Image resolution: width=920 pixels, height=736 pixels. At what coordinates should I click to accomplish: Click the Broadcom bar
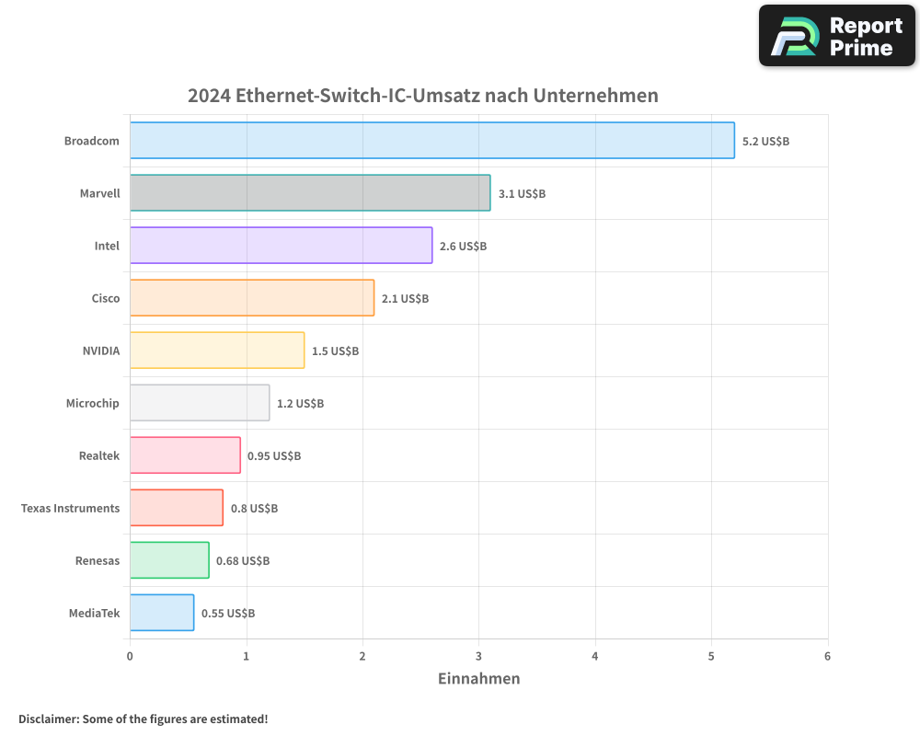coord(431,141)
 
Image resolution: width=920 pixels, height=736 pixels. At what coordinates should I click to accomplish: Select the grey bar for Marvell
coord(310,193)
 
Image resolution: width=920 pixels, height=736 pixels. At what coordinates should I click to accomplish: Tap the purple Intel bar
coord(281,246)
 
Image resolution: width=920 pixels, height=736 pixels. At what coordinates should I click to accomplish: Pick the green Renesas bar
coord(169,560)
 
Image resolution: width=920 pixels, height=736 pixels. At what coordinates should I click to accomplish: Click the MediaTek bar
coord(162,613)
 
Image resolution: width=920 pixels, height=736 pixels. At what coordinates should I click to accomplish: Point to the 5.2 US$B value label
coord(765,142)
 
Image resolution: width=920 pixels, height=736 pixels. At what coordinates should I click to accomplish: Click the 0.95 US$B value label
coord(274,456)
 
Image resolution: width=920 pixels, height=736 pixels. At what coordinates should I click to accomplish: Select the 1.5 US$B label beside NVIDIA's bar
coord(335,351)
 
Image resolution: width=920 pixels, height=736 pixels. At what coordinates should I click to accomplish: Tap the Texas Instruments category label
coord(70,509)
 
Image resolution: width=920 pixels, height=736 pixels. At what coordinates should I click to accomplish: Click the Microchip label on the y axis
coord(92,404)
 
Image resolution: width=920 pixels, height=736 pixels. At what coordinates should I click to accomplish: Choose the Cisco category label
coord(106,299)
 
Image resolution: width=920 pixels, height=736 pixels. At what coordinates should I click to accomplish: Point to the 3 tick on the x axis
coord(478,657)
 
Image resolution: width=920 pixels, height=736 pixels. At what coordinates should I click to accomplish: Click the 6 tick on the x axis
coord(827,657)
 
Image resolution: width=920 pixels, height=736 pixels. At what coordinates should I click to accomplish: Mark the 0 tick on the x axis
coord(130,657)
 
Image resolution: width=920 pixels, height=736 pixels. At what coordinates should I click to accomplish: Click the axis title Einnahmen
coord(478,679)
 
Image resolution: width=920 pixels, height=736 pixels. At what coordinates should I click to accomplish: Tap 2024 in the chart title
coord(209,96)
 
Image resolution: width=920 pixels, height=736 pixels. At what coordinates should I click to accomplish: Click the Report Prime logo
coord(836,36)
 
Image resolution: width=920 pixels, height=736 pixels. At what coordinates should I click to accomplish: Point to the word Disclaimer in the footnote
coord(48,719)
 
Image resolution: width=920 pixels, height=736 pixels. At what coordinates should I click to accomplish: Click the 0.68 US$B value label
coord(243,561)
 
